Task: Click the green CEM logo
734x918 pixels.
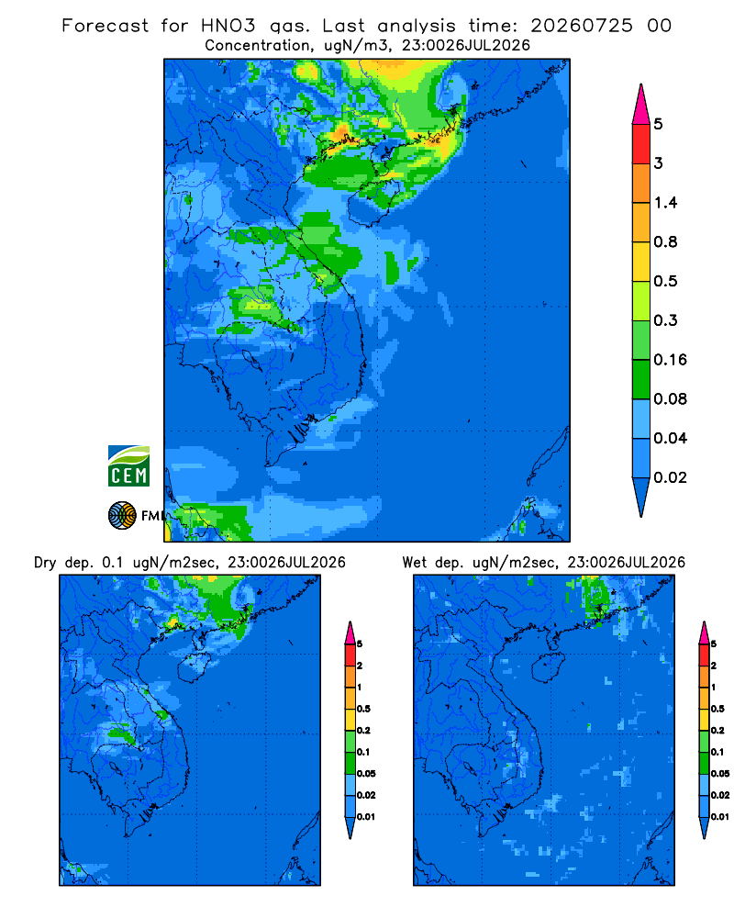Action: [x=128, y=465]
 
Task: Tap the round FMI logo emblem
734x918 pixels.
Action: [x=122, y=516]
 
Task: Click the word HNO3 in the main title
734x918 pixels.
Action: [x=228, y=26]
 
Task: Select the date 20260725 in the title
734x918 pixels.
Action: [x=582, y=26]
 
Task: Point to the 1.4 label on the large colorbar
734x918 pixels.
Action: [x=665, y=203]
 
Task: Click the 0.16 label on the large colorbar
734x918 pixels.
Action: [x=670, y=360]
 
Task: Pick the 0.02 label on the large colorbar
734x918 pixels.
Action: [x=670, y=477]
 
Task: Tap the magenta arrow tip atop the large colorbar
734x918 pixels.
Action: [x=641, y=85]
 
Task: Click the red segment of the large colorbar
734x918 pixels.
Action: [x=641, y=144]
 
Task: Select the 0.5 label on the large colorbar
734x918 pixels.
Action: [x=665, y=281]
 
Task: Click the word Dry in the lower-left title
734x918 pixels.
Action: [x=45, y=563]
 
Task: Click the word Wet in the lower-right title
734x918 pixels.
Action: [x=415, y=563]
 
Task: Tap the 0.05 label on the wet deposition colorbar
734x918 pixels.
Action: [x=720, y=773]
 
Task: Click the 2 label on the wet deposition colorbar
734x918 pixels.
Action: [x=714, y=666]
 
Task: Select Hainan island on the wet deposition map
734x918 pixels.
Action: [x=549, y=665]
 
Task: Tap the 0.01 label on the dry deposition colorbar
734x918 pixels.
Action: [x=366, y=817]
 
